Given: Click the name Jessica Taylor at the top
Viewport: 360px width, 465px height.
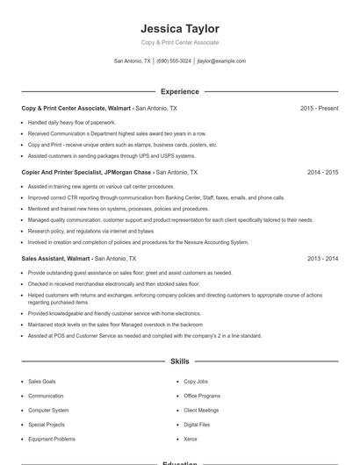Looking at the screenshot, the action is (x=179, y=29).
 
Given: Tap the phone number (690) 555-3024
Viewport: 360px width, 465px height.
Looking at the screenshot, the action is (x=174, y=61).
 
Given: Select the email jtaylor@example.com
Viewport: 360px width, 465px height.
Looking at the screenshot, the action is (x=221, y=61).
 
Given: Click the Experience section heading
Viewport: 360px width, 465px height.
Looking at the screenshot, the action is (x=179, y=91).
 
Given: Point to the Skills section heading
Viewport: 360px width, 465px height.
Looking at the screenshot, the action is (x=179, y=361).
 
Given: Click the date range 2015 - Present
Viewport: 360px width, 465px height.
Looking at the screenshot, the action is (x=319, y=108).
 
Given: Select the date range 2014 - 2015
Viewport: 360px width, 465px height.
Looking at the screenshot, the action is (x=322, y=173).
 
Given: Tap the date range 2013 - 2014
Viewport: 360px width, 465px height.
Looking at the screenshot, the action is (x=322, y=259).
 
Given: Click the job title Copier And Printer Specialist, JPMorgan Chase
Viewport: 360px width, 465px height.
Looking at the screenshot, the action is (x=87, y=173).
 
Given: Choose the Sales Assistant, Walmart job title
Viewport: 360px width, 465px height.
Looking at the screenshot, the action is (x=56, y=259).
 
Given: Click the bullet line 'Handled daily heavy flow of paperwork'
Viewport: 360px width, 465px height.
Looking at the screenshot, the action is (x=72, y=123).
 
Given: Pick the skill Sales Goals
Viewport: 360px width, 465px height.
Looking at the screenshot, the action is (x=41, y=382).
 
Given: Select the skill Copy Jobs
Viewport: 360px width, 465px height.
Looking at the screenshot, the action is (x=196, y=382).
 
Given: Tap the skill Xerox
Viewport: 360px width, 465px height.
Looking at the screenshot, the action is (x=191, y=439).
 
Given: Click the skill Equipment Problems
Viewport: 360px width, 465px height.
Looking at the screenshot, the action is (x=52, y=439).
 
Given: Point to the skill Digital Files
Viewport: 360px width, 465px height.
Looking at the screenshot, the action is (x=198, y=425).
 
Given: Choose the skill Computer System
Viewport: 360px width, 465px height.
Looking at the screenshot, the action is (x=48, y=411).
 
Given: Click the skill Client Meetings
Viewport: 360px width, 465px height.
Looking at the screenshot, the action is (x=201, y=411).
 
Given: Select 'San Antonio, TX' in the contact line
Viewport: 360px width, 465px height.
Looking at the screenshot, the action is (x=133, y=61).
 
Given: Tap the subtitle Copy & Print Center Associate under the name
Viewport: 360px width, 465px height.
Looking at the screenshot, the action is (x=179, y=43).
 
